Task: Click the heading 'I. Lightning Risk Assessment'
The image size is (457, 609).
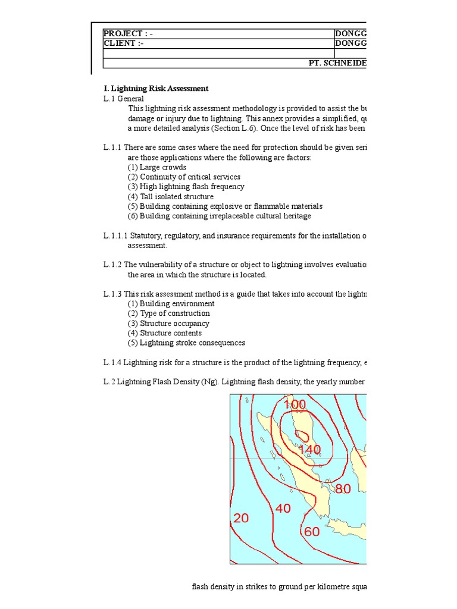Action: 156,88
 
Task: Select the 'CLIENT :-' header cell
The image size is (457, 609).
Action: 124,43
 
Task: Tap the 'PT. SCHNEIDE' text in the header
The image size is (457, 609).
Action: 337,63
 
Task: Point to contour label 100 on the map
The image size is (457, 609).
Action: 295,405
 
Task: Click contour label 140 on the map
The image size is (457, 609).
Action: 309,450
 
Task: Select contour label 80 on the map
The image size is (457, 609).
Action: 343,489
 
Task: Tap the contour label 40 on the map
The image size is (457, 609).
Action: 283,508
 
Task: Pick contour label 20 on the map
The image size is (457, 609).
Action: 241,519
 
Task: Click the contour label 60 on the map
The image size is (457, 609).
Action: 312,532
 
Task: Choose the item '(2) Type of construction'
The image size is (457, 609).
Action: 168,313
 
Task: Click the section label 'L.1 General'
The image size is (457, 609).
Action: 123,98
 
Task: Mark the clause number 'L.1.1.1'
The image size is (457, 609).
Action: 115,236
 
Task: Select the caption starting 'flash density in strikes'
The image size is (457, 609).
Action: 278,587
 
